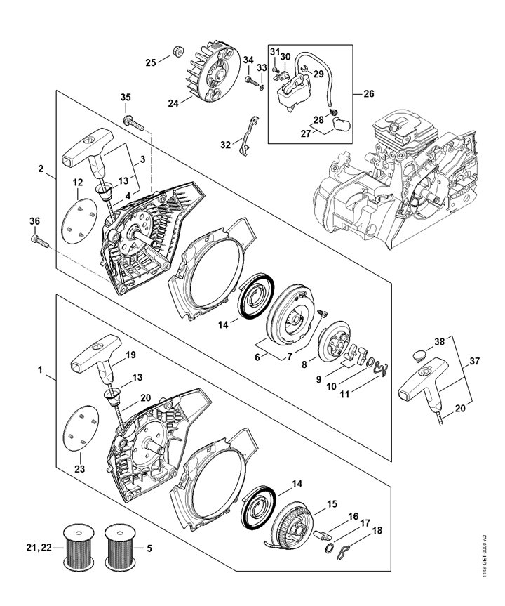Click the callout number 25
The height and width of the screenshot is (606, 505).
[151, 62]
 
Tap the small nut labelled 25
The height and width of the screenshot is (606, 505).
[177, 51]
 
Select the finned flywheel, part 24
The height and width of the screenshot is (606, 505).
[208, 72]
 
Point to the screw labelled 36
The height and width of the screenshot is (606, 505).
[40, 241]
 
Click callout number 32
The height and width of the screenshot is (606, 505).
[225, 145]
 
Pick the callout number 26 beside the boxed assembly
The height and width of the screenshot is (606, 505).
[369, 93]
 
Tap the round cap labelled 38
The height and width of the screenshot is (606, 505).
[419, 355]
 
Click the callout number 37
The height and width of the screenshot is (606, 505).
[474, 361]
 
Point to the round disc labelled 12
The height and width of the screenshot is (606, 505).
[79, 221]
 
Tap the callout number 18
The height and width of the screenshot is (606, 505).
[377, 530]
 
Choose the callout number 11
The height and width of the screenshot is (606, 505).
[344, 394]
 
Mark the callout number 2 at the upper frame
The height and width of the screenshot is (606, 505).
[41, 169]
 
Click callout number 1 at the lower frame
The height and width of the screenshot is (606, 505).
[40, 370]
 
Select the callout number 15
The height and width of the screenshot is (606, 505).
[332, 504]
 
